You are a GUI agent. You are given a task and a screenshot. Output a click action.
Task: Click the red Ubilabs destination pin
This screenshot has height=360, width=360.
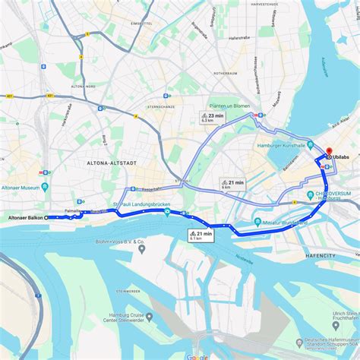click(329, 152)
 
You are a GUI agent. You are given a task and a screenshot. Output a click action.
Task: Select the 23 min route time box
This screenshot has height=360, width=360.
click(213, 117)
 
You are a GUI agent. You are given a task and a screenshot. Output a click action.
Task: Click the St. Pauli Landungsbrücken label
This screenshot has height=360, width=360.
click(142, 206)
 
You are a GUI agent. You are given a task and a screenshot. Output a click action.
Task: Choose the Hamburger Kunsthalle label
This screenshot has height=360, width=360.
click(283, 144)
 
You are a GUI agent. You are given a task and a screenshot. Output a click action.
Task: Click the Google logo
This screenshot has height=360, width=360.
click(197, 356)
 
